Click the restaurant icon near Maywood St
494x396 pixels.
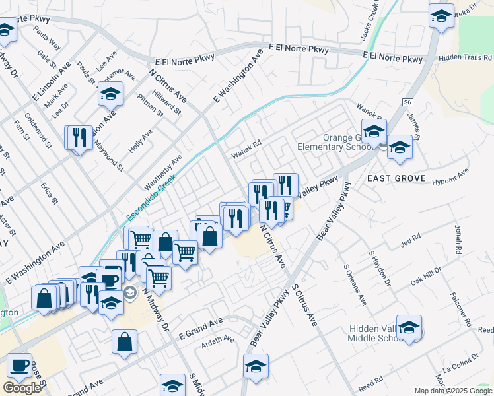tap(79, 137)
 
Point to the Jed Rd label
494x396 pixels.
tap(410, 240)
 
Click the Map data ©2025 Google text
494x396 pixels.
tap(452, 391)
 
